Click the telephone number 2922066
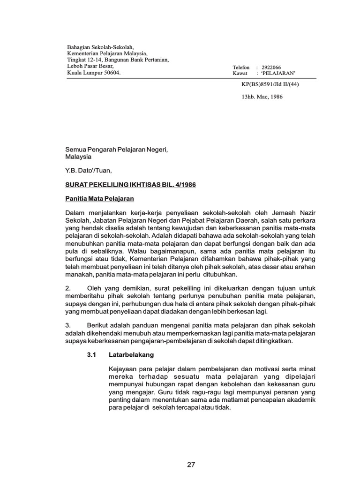click(271, 67)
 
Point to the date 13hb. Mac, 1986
click(262, 97)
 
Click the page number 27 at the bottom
click(191, 465)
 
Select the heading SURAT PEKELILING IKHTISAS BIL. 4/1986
click(130, 185)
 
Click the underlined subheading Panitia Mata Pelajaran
click(99, 199)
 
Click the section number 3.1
click(91, 355)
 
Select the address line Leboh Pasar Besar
click(90, 66)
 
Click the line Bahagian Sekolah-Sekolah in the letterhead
click(100, 47)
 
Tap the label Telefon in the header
click(241, 67)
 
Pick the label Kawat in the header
click(240, 74)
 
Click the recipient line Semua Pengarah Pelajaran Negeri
click(116, 150)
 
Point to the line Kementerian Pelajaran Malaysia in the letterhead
click(107, 54)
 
